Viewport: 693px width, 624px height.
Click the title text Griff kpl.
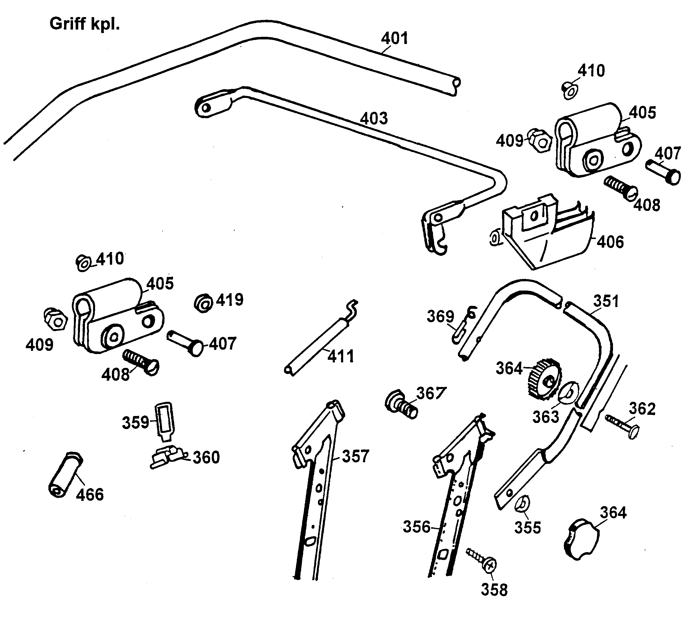84,24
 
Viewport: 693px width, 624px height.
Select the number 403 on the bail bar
374,118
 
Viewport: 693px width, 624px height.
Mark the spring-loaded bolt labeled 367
401,405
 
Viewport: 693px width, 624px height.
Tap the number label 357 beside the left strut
355,457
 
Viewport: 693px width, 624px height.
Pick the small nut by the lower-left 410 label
83,263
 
